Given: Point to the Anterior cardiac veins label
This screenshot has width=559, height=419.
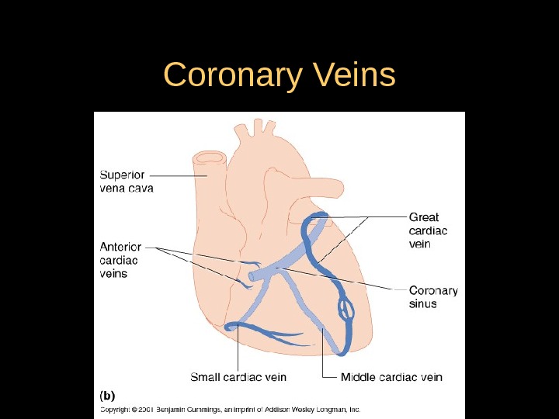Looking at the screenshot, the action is pos(121,260).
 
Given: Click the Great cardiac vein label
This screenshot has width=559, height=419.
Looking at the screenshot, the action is pos(428,230).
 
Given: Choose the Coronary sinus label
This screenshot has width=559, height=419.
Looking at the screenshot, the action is pos(433,297).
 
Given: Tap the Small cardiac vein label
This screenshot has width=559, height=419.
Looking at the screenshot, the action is pos(238,377).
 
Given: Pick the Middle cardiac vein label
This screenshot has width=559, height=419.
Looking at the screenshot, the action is pos(391,377).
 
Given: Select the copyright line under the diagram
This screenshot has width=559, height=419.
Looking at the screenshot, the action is pos(229,410).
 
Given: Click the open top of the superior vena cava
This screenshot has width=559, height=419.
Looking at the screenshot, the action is pos(210,158).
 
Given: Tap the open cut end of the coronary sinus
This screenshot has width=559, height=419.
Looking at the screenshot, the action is pos(253,275).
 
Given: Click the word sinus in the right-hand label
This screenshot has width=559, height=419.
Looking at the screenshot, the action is pos(423,304).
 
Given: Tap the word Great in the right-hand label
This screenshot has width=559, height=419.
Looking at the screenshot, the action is pos(424,216).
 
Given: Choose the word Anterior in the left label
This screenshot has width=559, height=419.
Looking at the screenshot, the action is pos(120,246).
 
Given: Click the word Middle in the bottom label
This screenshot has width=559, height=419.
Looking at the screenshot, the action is pos(359,377).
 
